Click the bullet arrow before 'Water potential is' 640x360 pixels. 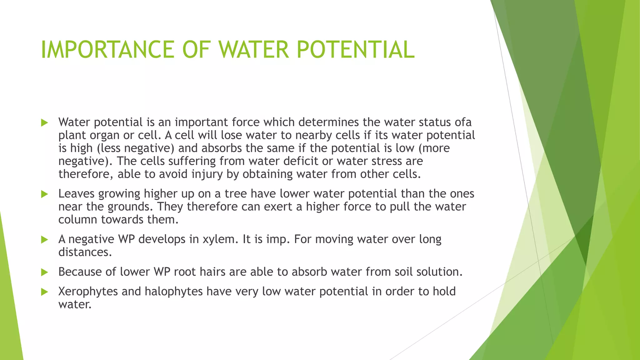pyautogui.click(x=44, y=123)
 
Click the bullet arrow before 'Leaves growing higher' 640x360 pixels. pyautogui.click(x=44, y=194)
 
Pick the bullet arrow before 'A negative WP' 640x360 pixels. pyautogui.click(x=44, y=240)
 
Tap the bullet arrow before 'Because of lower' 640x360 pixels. pyautogui.click(x=44, y=272)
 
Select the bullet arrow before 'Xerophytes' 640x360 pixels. pyautogui.click(x=44, y=292)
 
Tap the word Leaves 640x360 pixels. pyautogui.click(x=76, y=194)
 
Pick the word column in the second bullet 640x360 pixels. pyautogui.click(x=78, y=220)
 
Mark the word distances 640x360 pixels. pyautogui.click(x=85, y=252)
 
